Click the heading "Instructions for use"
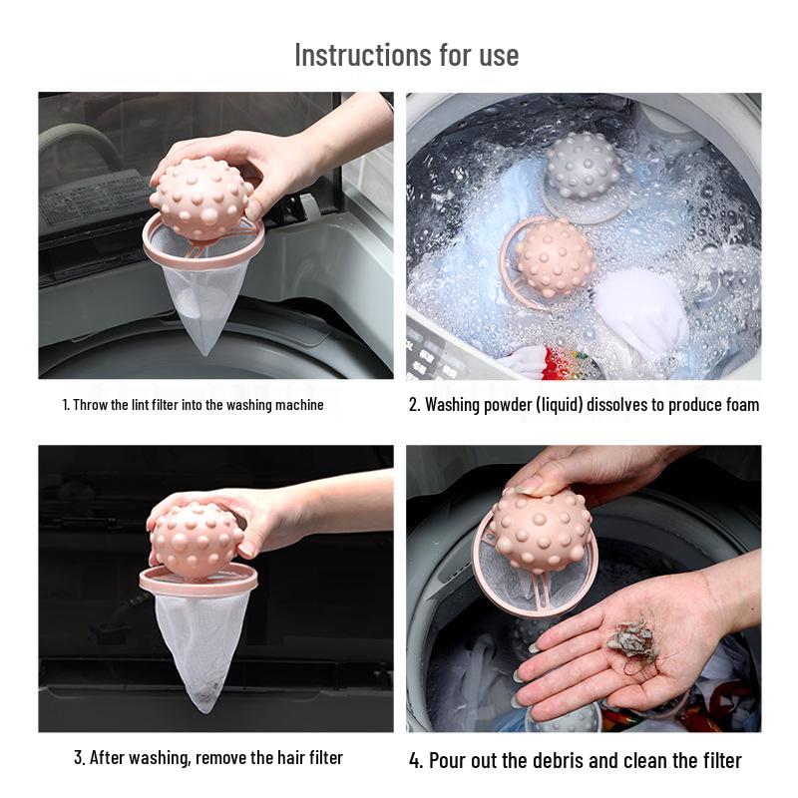point(406,54)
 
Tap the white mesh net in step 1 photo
point(204,299)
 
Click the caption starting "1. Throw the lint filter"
point(193,405)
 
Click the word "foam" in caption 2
point(738,404)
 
